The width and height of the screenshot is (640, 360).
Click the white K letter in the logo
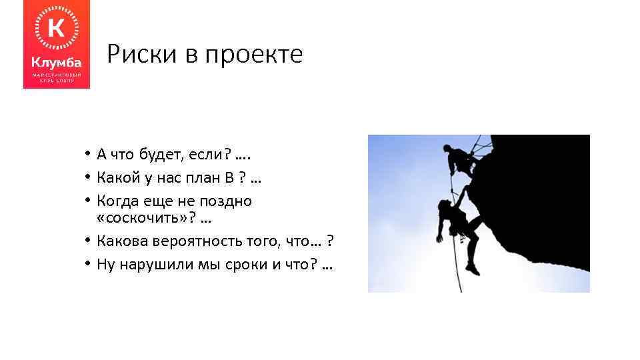pos(57,29)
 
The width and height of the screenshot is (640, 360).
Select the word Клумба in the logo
pos(57,62)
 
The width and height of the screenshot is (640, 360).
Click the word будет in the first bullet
pos(157,155)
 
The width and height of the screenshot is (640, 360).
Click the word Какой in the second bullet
pos(117,177)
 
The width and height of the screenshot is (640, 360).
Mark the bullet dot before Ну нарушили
pos(88,264)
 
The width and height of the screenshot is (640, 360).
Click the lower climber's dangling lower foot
pos(473,269)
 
